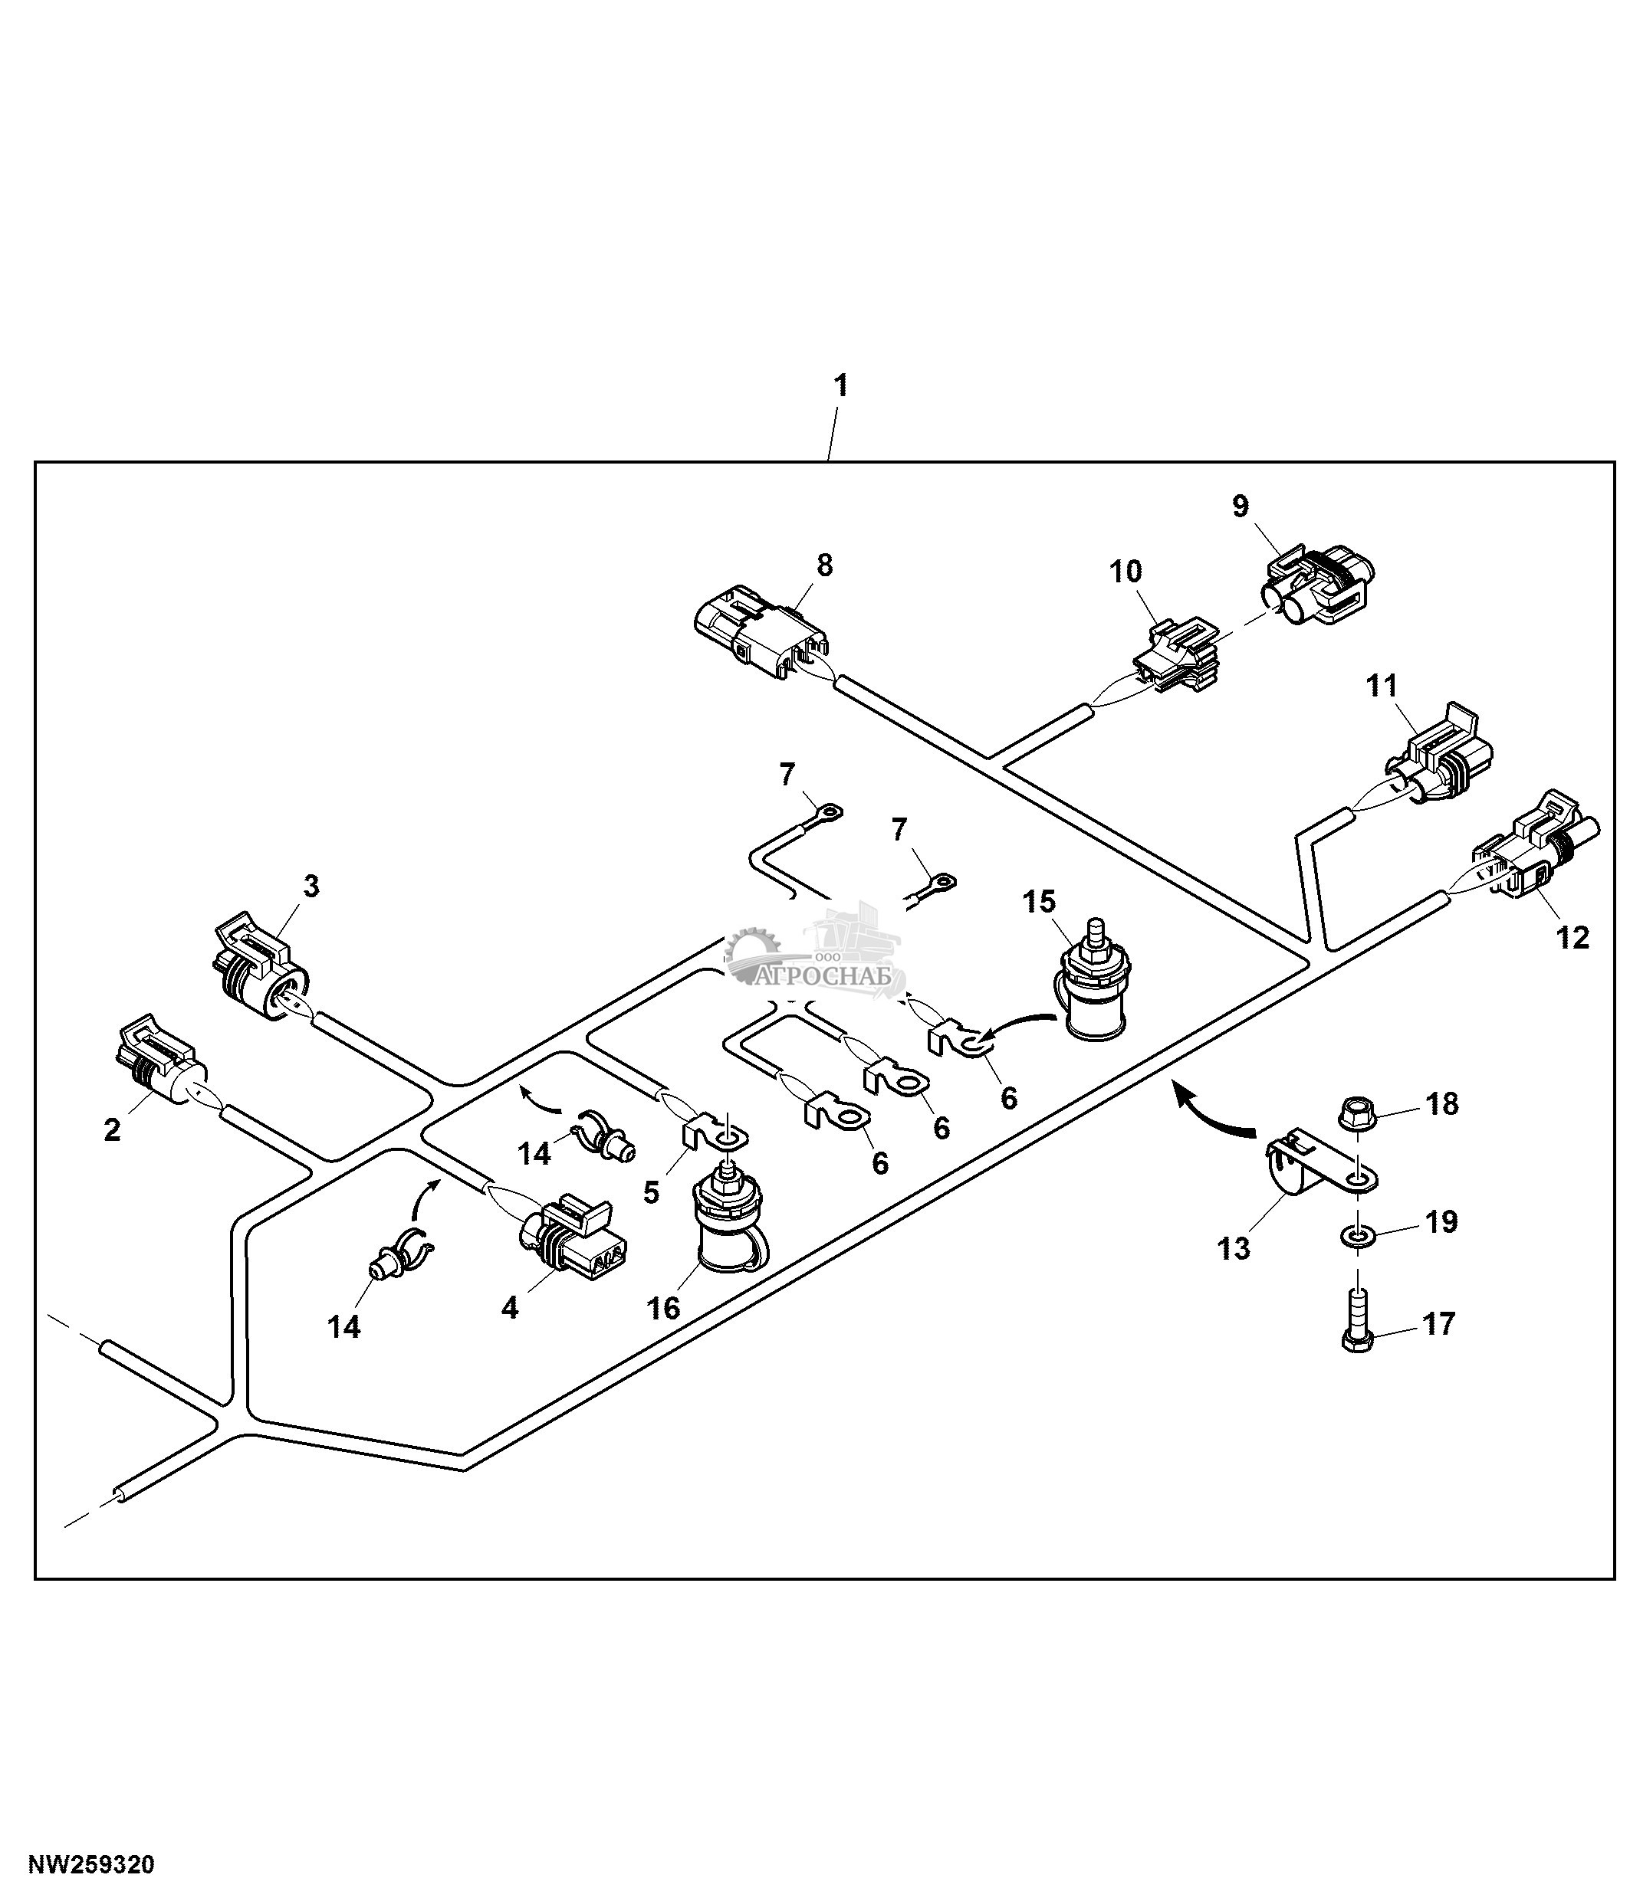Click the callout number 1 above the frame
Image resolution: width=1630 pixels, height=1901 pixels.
point(839,386)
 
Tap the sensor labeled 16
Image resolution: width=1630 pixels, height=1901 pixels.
point(730,1225)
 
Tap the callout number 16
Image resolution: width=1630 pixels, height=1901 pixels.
point(662,1308)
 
